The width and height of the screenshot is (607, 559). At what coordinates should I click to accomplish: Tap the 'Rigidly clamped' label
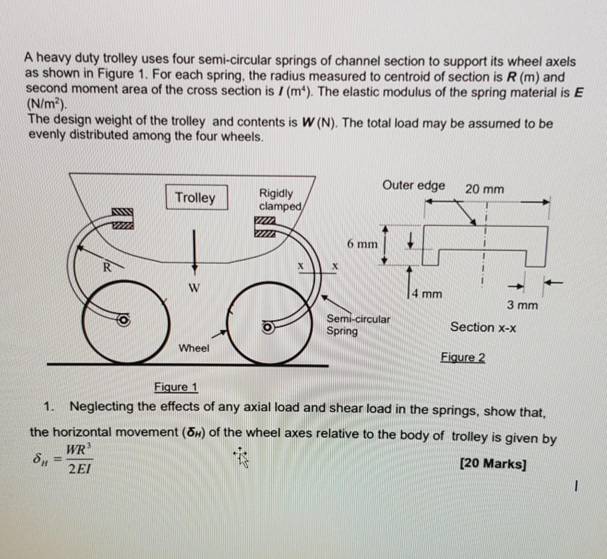277,199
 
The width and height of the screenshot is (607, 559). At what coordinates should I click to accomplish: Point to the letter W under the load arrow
193,286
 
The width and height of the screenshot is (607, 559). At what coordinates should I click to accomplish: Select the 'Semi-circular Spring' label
358,325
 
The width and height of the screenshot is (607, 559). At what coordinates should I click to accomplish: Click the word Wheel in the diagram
193,348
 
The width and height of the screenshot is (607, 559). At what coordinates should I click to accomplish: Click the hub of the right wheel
268,327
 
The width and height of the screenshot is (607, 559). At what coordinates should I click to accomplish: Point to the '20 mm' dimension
484,190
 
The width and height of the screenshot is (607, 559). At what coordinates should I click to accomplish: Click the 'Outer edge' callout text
413,185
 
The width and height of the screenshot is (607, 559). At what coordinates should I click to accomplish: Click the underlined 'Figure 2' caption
463,358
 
